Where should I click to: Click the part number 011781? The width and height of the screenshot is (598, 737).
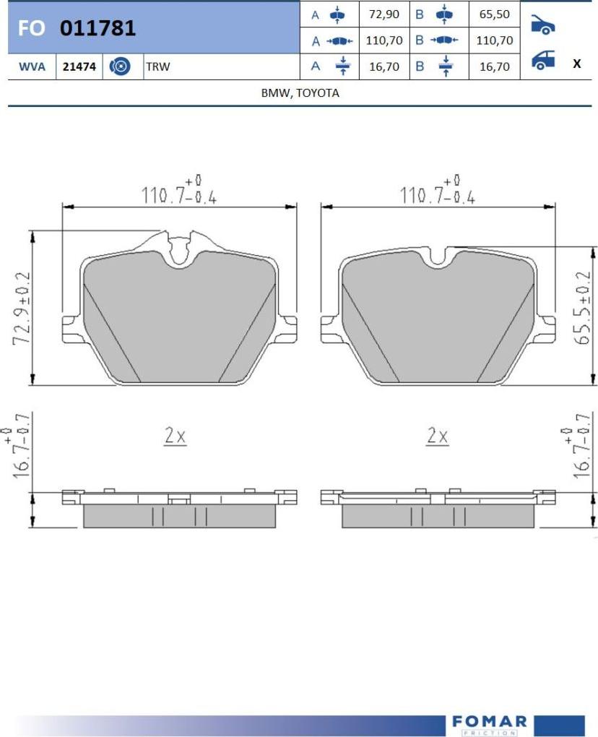pos(97,28)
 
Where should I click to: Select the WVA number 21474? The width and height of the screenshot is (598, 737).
pos(79,66)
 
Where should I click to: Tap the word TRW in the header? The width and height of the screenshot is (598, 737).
pos(158,66)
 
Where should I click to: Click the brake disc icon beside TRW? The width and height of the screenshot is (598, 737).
pos(120,66)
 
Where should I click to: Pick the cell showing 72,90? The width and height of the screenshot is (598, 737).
pos(384,14)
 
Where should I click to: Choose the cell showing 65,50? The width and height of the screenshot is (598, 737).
pos(494,14)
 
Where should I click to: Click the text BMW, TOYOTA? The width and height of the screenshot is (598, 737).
pos(300,92)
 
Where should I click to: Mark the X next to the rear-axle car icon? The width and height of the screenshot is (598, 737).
pos(577,64)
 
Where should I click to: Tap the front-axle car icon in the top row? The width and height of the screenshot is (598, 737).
pos(543,25)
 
